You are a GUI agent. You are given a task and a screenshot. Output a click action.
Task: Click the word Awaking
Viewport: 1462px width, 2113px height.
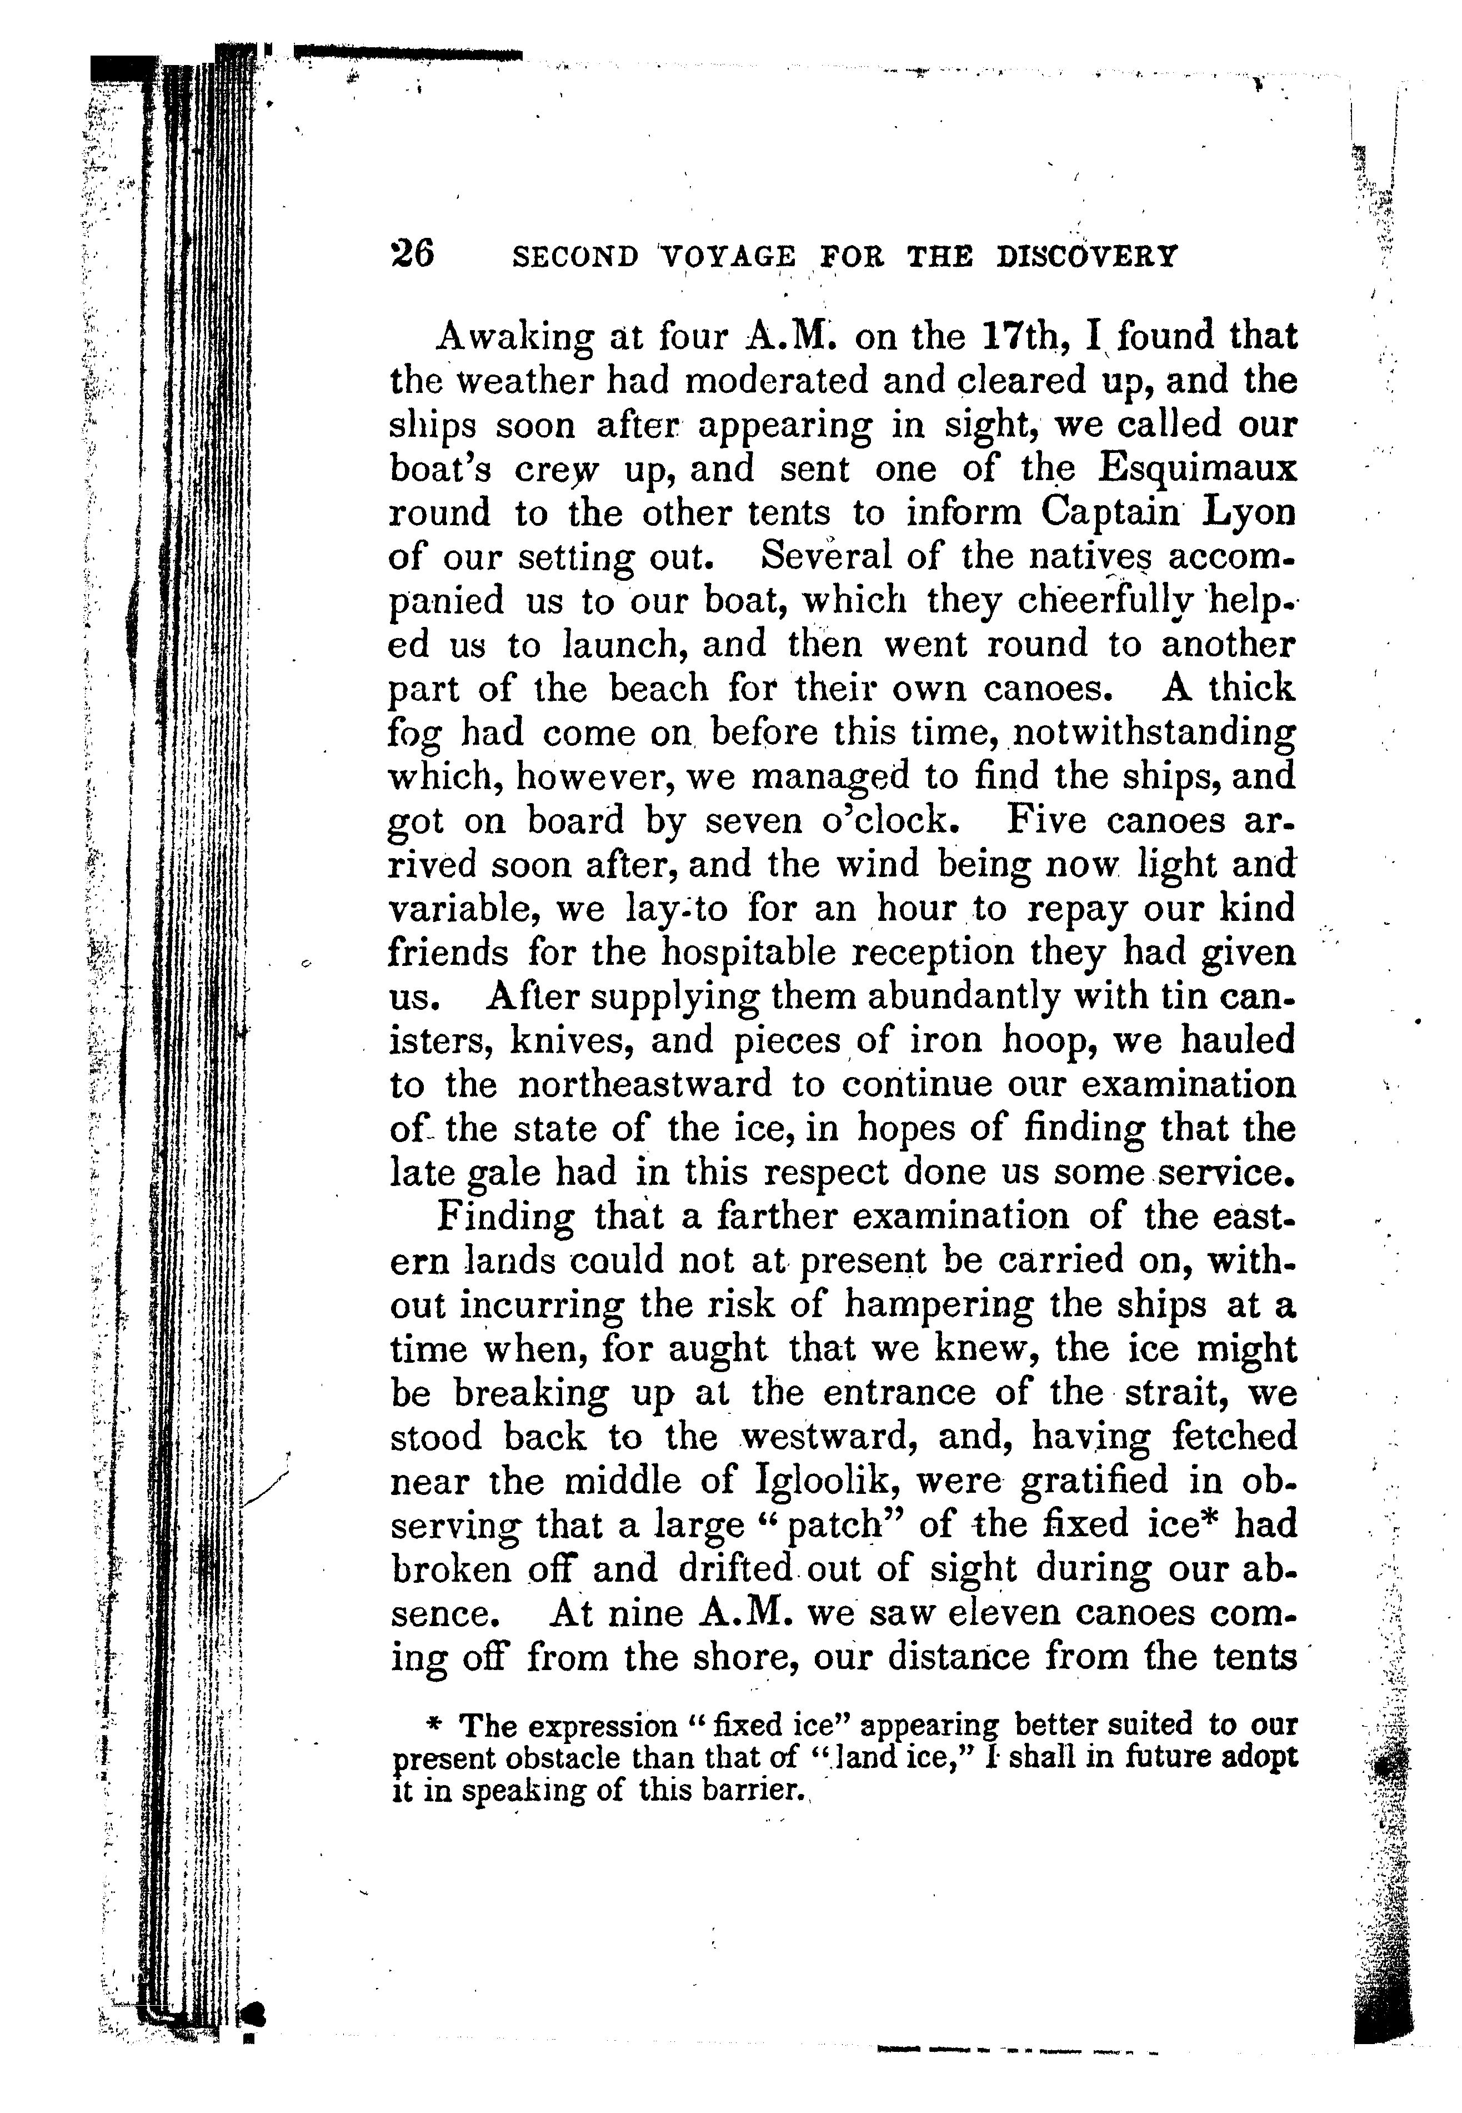(x=515, y=338)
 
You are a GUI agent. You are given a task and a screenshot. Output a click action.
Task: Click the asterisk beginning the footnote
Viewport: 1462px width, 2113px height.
(x=435, y=1726)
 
